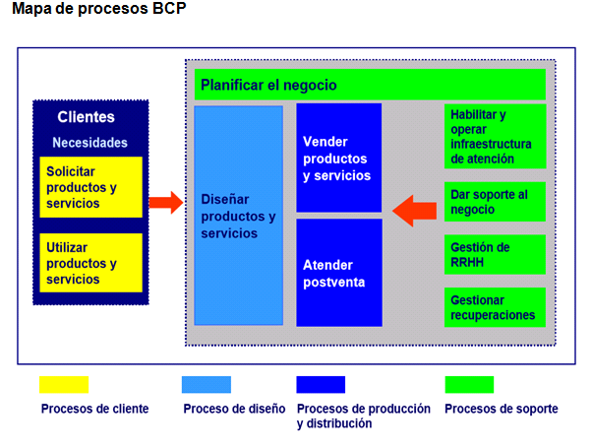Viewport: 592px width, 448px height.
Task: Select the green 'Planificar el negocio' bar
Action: coord(370,86)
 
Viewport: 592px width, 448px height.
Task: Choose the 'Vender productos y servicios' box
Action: coord(338,158)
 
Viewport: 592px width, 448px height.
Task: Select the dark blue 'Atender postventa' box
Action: coord(338,273)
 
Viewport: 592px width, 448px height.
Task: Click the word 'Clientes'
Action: coord(87,117)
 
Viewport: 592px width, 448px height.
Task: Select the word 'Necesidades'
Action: coord(89,142)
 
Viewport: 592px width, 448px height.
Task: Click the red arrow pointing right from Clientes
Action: coord(165,203)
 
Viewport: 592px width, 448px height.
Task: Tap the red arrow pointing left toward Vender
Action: coord(414,209)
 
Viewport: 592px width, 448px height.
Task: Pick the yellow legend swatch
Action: coord(64,384)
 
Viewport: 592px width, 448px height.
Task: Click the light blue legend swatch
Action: coord(207,384)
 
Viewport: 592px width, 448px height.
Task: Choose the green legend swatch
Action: coord(469,384)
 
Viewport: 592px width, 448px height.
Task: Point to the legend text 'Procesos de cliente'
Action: coord(95,409)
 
